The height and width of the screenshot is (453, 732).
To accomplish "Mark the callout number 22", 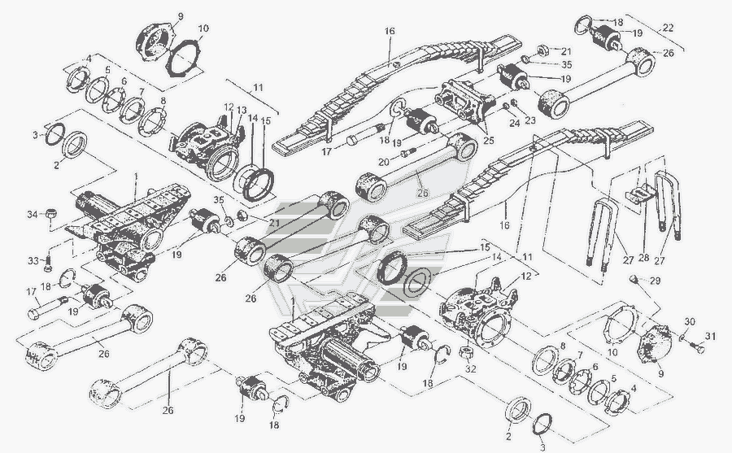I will tap(669, 28).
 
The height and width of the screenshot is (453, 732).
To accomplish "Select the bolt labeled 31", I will tap(695, 351).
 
